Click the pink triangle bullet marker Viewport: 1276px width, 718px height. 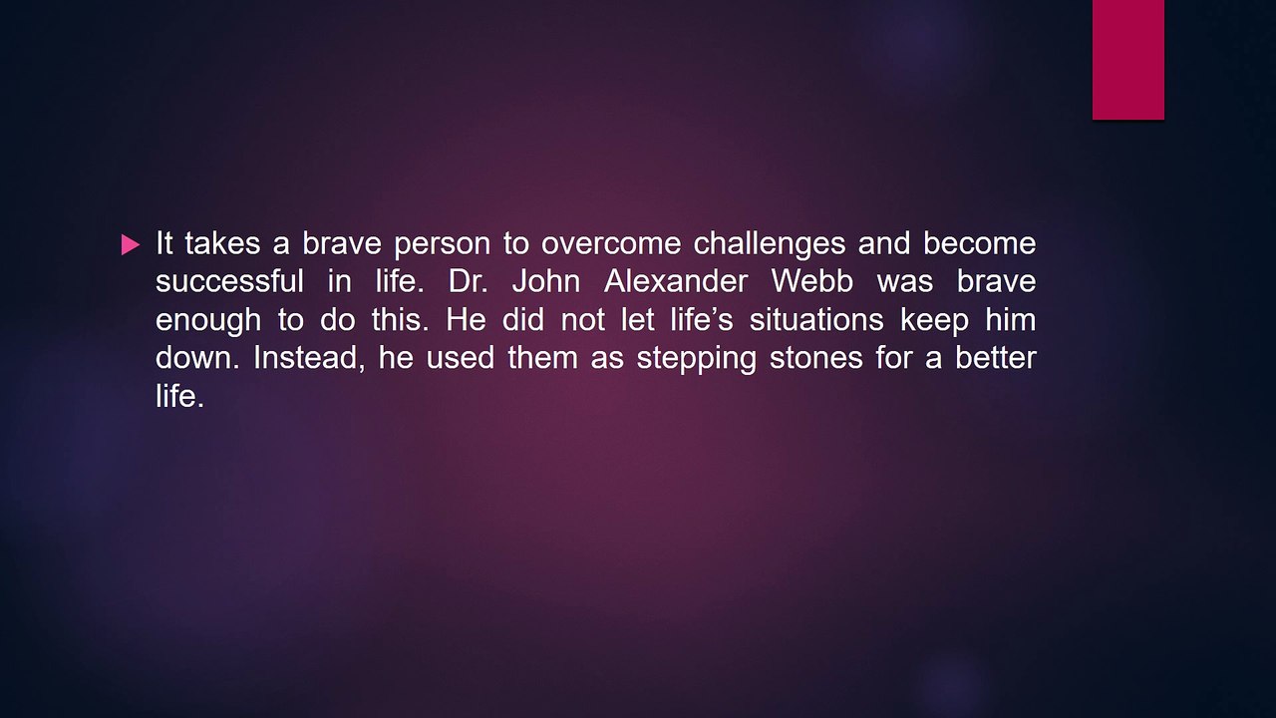(x=130, y=245)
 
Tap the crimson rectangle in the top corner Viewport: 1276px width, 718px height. (x=1127, y=60)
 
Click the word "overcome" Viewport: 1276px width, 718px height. (x=611, y=243)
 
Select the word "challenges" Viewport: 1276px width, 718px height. (x=769, y=245)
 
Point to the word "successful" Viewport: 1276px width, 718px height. (x=229, y=281)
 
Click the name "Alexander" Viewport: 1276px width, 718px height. (x=676, y=281)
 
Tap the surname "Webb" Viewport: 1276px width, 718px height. (x=812, y=281)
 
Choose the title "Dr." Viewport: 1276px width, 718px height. (x=469, y=281)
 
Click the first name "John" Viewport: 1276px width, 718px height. (x=546, y=281)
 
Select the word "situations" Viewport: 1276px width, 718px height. (x=816, y=319)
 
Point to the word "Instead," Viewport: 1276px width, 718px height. (x=309, y=358)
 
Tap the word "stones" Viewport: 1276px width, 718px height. (x=816, y=358)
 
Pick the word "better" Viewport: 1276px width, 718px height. (x=996, y=357)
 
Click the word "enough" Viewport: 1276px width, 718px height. (x=208, y=321)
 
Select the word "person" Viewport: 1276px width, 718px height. (x=442, y=245)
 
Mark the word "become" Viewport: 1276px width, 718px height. (x=979, y=243)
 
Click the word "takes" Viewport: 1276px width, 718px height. (x=222, y=243)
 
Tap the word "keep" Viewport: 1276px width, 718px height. (x=935, y=321)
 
